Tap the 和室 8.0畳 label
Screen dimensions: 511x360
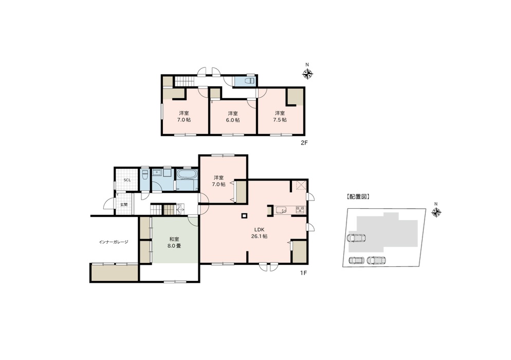174,243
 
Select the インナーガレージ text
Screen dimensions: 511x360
114,242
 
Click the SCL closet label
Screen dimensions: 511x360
127,180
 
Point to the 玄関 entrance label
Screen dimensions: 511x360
124,205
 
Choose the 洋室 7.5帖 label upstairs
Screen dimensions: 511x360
280,116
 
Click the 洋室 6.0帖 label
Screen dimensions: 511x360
233,117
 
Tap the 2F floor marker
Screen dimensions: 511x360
304,142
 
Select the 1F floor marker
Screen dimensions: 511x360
303,273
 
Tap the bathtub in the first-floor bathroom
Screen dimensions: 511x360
187,174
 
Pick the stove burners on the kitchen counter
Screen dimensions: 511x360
300,209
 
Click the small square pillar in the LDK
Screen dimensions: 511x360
244,215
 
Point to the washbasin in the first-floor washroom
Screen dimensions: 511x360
158,172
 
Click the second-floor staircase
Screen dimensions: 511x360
185,80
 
